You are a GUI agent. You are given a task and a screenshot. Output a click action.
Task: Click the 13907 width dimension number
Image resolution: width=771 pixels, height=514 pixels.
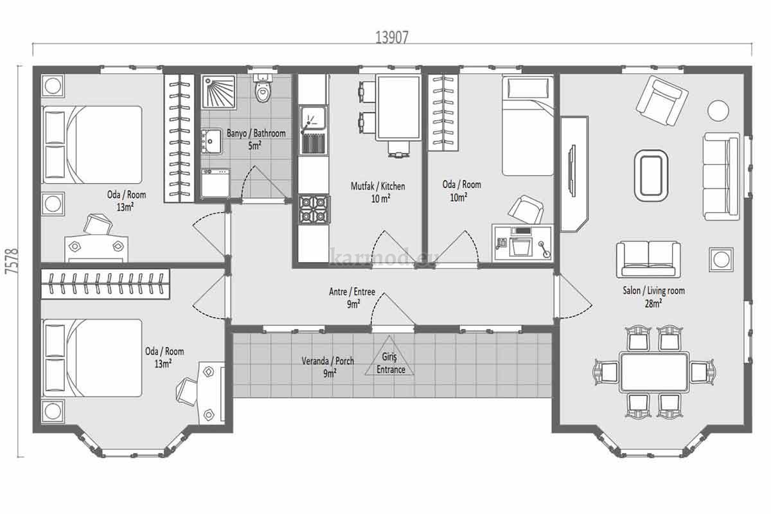392,37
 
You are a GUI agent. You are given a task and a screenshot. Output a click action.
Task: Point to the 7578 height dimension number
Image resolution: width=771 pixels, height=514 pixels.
12,261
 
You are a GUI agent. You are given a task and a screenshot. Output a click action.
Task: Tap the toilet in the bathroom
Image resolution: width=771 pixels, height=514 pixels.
263,87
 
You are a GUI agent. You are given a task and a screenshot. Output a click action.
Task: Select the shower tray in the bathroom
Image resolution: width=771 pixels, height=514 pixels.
219,92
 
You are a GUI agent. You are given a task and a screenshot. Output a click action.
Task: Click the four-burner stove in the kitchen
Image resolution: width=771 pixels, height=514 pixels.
314,209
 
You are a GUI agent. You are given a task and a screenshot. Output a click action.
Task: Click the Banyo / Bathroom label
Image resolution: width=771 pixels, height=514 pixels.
256,133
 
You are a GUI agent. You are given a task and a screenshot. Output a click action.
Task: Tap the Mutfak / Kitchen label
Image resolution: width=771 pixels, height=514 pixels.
378,186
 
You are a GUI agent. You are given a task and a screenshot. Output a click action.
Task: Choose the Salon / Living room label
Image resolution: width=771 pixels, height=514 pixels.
653,290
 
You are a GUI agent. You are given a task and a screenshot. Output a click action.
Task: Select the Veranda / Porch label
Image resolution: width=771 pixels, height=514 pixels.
328,361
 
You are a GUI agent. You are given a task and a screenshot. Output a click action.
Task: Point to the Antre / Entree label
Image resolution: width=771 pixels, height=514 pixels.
352,292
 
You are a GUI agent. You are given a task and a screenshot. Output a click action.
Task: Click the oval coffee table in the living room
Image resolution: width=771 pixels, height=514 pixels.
651,175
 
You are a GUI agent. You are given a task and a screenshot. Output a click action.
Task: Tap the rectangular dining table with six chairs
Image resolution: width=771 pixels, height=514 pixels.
654,372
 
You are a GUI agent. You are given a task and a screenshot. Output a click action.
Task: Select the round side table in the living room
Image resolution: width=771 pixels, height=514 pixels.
718,110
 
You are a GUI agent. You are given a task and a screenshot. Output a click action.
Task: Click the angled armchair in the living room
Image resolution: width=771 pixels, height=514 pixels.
662,101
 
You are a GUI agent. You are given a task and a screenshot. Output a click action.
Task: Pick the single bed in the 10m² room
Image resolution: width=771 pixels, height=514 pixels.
527,126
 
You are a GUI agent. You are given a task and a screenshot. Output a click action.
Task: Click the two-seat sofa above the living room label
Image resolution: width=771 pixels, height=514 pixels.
648,259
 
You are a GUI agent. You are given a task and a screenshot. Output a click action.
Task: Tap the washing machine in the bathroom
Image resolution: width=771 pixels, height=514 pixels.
215,182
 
